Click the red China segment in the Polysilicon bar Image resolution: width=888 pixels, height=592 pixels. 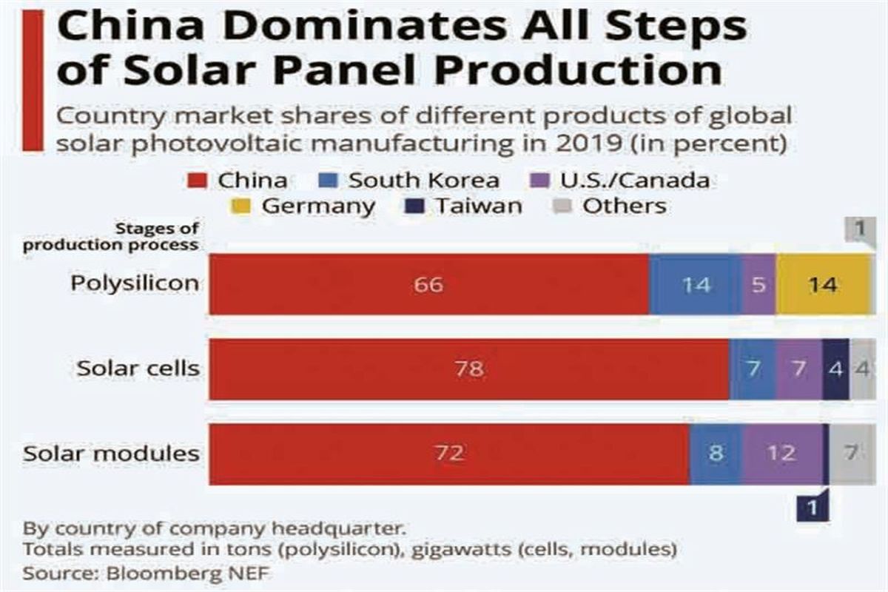click(x=429, y=284)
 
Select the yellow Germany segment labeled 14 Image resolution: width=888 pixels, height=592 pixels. click(x=822, y=284)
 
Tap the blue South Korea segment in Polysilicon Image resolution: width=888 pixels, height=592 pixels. click(x=695, y=284)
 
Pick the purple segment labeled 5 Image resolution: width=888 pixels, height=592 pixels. click(x=758, y=284)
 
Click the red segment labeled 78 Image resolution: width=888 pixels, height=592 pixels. click(x=468, y=369)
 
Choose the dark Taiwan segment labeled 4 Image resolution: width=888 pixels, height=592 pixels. click(x=835, y=369)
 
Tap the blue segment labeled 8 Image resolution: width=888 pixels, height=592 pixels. click(x=716, y=454)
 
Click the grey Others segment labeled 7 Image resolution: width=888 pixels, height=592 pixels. click(x=851, y=454)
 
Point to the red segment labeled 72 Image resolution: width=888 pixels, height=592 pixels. click(x=449, y=454)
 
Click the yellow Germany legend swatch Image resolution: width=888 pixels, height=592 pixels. click(x=248, y=206)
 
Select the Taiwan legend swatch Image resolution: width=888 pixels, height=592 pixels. click(x=420, y=206)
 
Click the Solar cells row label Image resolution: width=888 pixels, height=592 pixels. click(x=138, y=369)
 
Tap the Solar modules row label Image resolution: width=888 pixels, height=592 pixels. click(x=111, y=453)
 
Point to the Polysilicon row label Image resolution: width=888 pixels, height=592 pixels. click(x=135, y=283)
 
